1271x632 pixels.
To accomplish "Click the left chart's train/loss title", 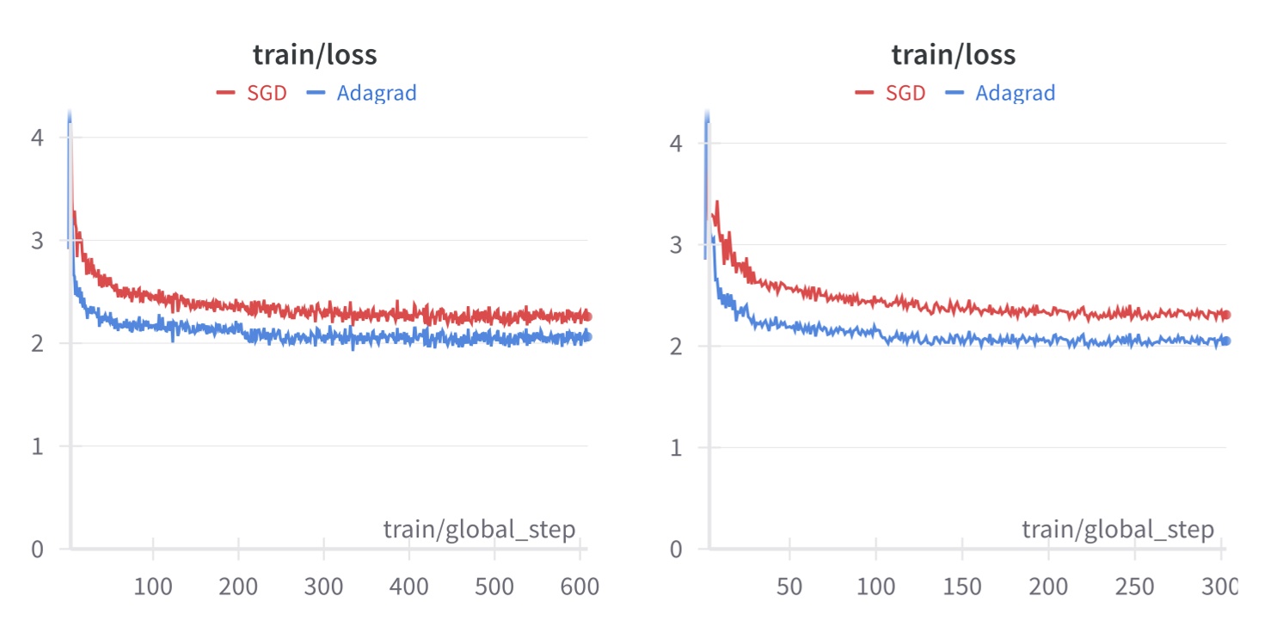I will tap(315, 55).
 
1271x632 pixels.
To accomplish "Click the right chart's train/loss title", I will tap(953, 55).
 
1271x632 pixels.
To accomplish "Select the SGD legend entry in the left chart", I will tap(252, 93).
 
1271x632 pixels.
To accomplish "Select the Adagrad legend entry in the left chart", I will tap(362, 93).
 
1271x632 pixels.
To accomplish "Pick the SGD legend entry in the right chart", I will tap(891, 93).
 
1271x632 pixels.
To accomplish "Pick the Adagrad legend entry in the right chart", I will tap(1000, 93).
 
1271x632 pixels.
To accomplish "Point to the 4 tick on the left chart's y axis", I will tap(37, 138).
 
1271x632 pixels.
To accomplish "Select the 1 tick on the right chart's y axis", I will tap(676, 447).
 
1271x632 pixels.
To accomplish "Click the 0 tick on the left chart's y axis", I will tap(37, 549).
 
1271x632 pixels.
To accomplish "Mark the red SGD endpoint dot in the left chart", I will tap(587, 316).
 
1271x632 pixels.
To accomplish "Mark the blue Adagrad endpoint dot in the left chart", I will tap(587, 337).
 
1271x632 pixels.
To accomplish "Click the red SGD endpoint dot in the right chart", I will tap(1226, 316).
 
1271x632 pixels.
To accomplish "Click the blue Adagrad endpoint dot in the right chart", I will tap(1226, 341).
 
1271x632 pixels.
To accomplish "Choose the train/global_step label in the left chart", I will tap(479, 529).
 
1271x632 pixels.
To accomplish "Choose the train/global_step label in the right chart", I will tap(1118, 529).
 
